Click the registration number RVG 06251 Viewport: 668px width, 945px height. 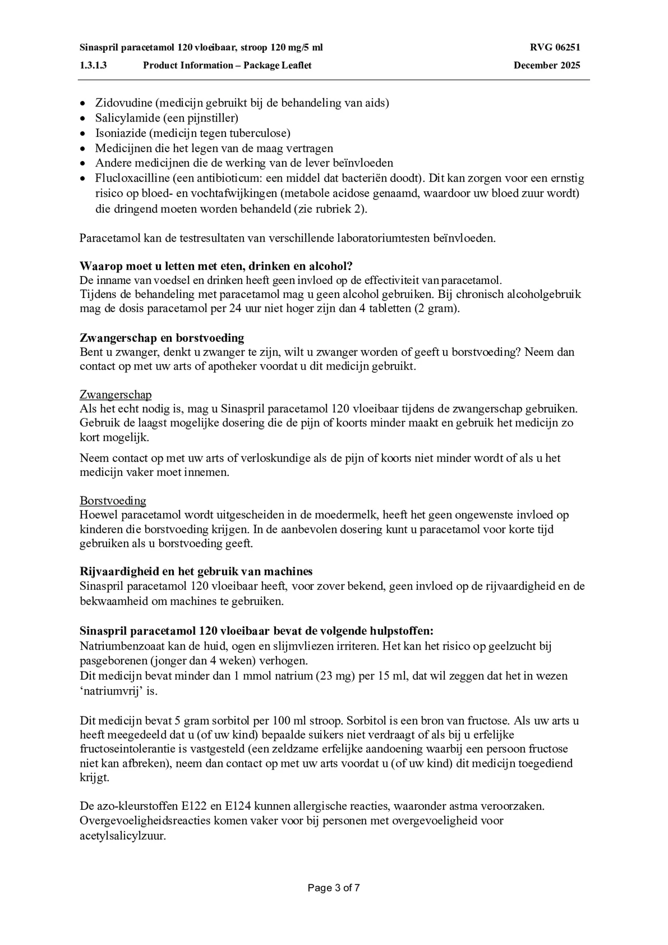point(555,47)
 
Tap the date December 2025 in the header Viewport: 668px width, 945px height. point(546,65)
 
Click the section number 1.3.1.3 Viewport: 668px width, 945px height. point(93,65)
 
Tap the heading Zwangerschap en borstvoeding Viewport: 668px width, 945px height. point(162,338)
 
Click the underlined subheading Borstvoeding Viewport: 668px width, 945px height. point(113,501)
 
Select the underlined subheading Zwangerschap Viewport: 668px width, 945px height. point(115,395)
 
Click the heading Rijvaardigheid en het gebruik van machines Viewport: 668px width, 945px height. point(196,571)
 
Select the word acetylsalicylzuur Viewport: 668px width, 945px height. point(123,835)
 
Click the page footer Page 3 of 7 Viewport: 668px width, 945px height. point(334,888)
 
